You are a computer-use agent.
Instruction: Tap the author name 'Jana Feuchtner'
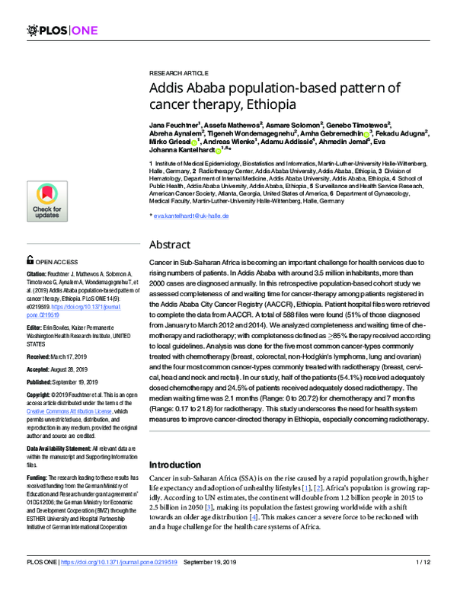pyautogui.click(x=174, y=123)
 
